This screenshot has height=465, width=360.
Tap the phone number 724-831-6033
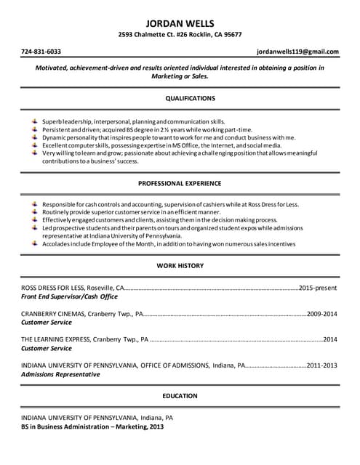[x=41, y=52]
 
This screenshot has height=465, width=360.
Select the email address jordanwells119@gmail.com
[x=297, y=52]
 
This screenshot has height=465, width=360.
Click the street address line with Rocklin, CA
[x=180, y=35]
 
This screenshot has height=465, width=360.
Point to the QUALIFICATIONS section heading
[x=180, y=97]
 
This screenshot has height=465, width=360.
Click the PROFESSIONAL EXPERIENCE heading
[x=180, y=184]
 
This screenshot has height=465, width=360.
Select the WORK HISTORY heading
[x=180, y=266]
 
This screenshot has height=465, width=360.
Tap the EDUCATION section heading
[x=180, y=396]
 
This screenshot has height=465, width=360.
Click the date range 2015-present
[x=318, y=288]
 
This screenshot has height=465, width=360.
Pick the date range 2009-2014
[x=322, y=314]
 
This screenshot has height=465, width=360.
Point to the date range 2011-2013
[x=322, y=365]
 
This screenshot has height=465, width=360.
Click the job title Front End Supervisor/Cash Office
[x=69, y=297]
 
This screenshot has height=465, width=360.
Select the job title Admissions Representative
[x=60, y=374]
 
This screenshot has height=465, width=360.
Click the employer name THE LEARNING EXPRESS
[x=55, y=339]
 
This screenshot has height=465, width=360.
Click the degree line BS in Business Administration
[x=92, y=427]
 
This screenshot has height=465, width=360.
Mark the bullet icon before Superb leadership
[x=34, y=120]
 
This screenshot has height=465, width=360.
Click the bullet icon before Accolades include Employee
[x=34, y=244]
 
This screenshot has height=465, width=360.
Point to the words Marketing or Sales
[x=180, y=76]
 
